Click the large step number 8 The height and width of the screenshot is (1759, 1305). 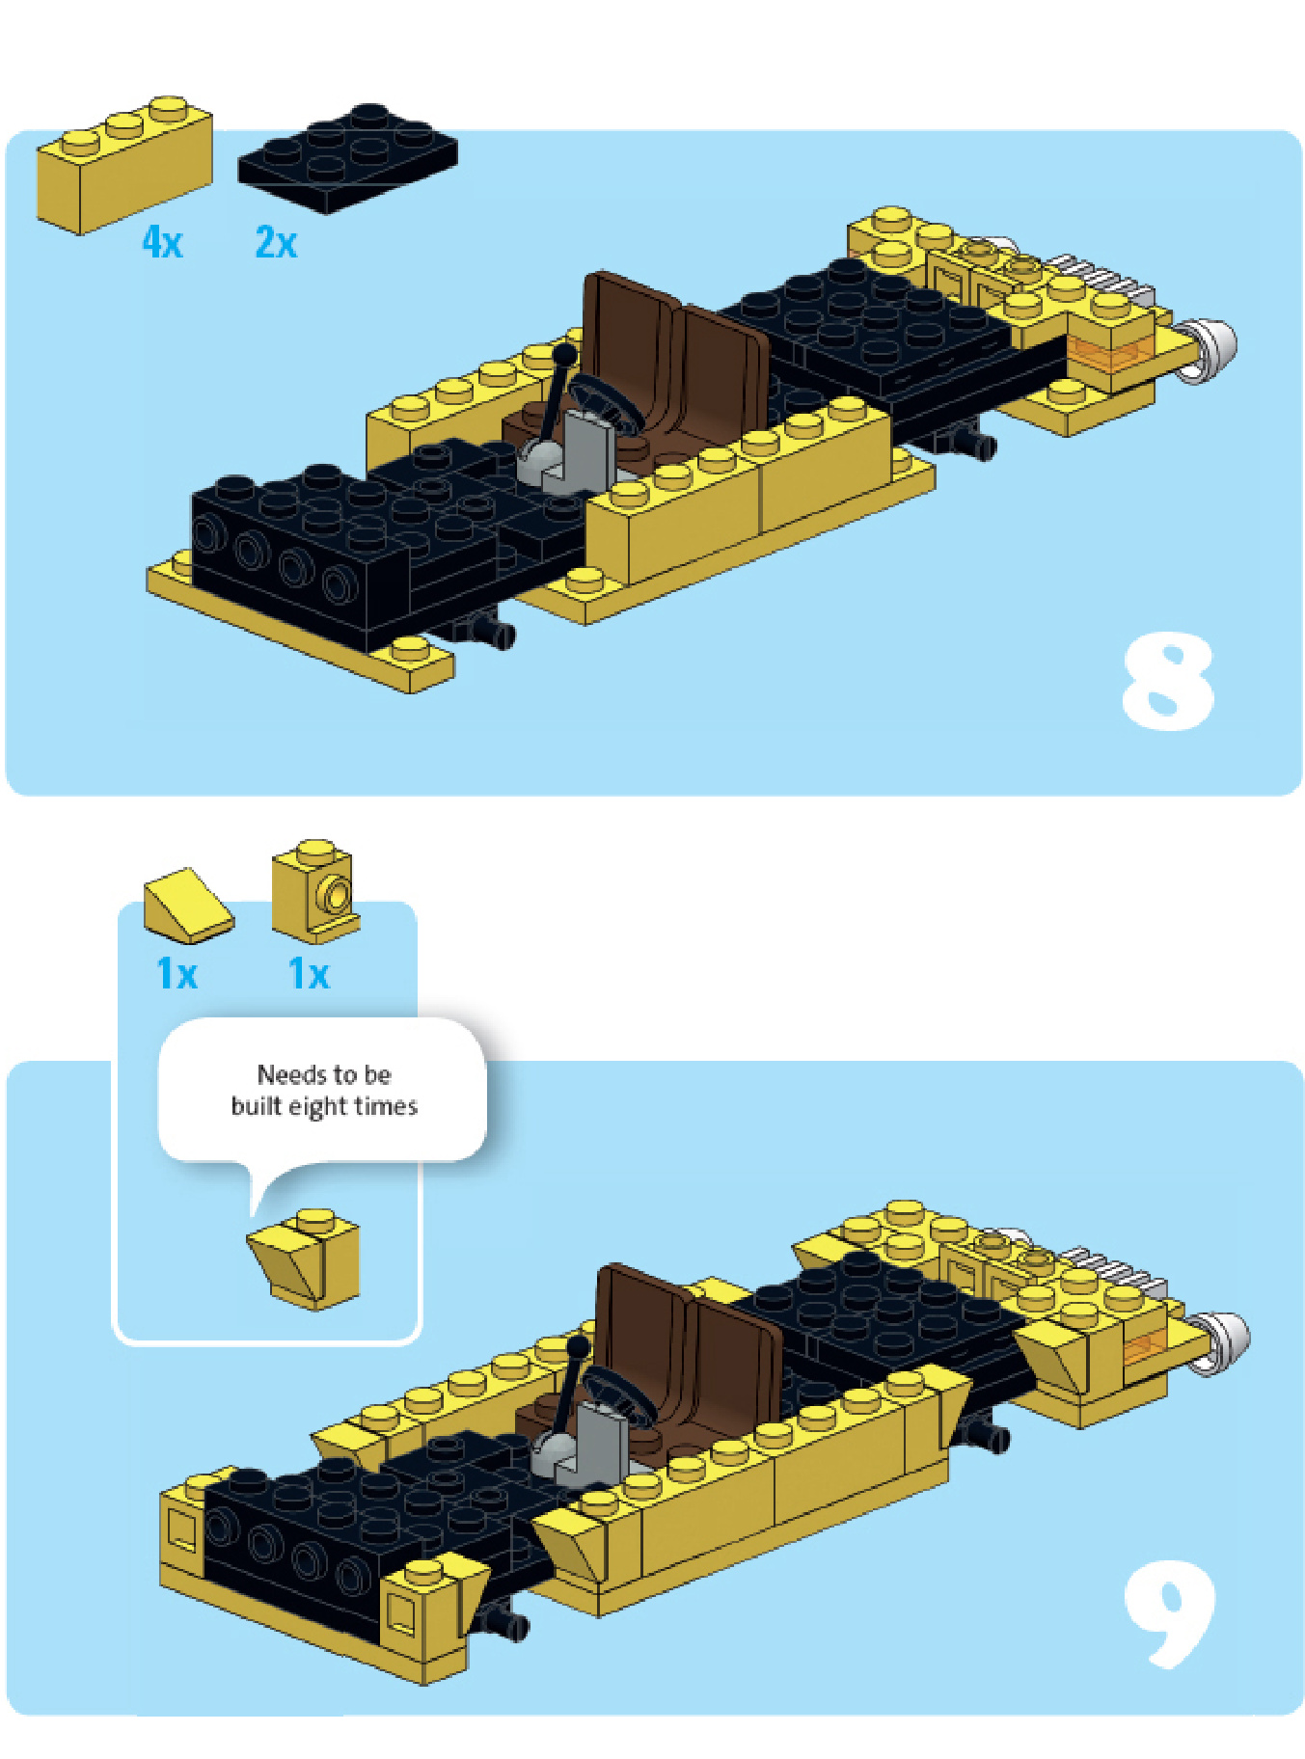tap(1167, 681)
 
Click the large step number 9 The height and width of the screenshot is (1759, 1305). tap(1169, 1612)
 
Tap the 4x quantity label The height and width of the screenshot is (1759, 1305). tap(162, 241)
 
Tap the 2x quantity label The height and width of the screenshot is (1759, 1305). tap(276, 241)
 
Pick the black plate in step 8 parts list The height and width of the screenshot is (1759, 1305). tap(347, 157)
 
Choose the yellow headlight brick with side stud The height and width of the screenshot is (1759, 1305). tap(315, 891)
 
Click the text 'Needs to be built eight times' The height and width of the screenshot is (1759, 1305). tap(324, 1090)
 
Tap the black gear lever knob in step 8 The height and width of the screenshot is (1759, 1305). tap(564, 355)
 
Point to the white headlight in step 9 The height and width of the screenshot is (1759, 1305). tap(1223, 1340)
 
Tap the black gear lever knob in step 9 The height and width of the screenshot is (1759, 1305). tap(579, 1347)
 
